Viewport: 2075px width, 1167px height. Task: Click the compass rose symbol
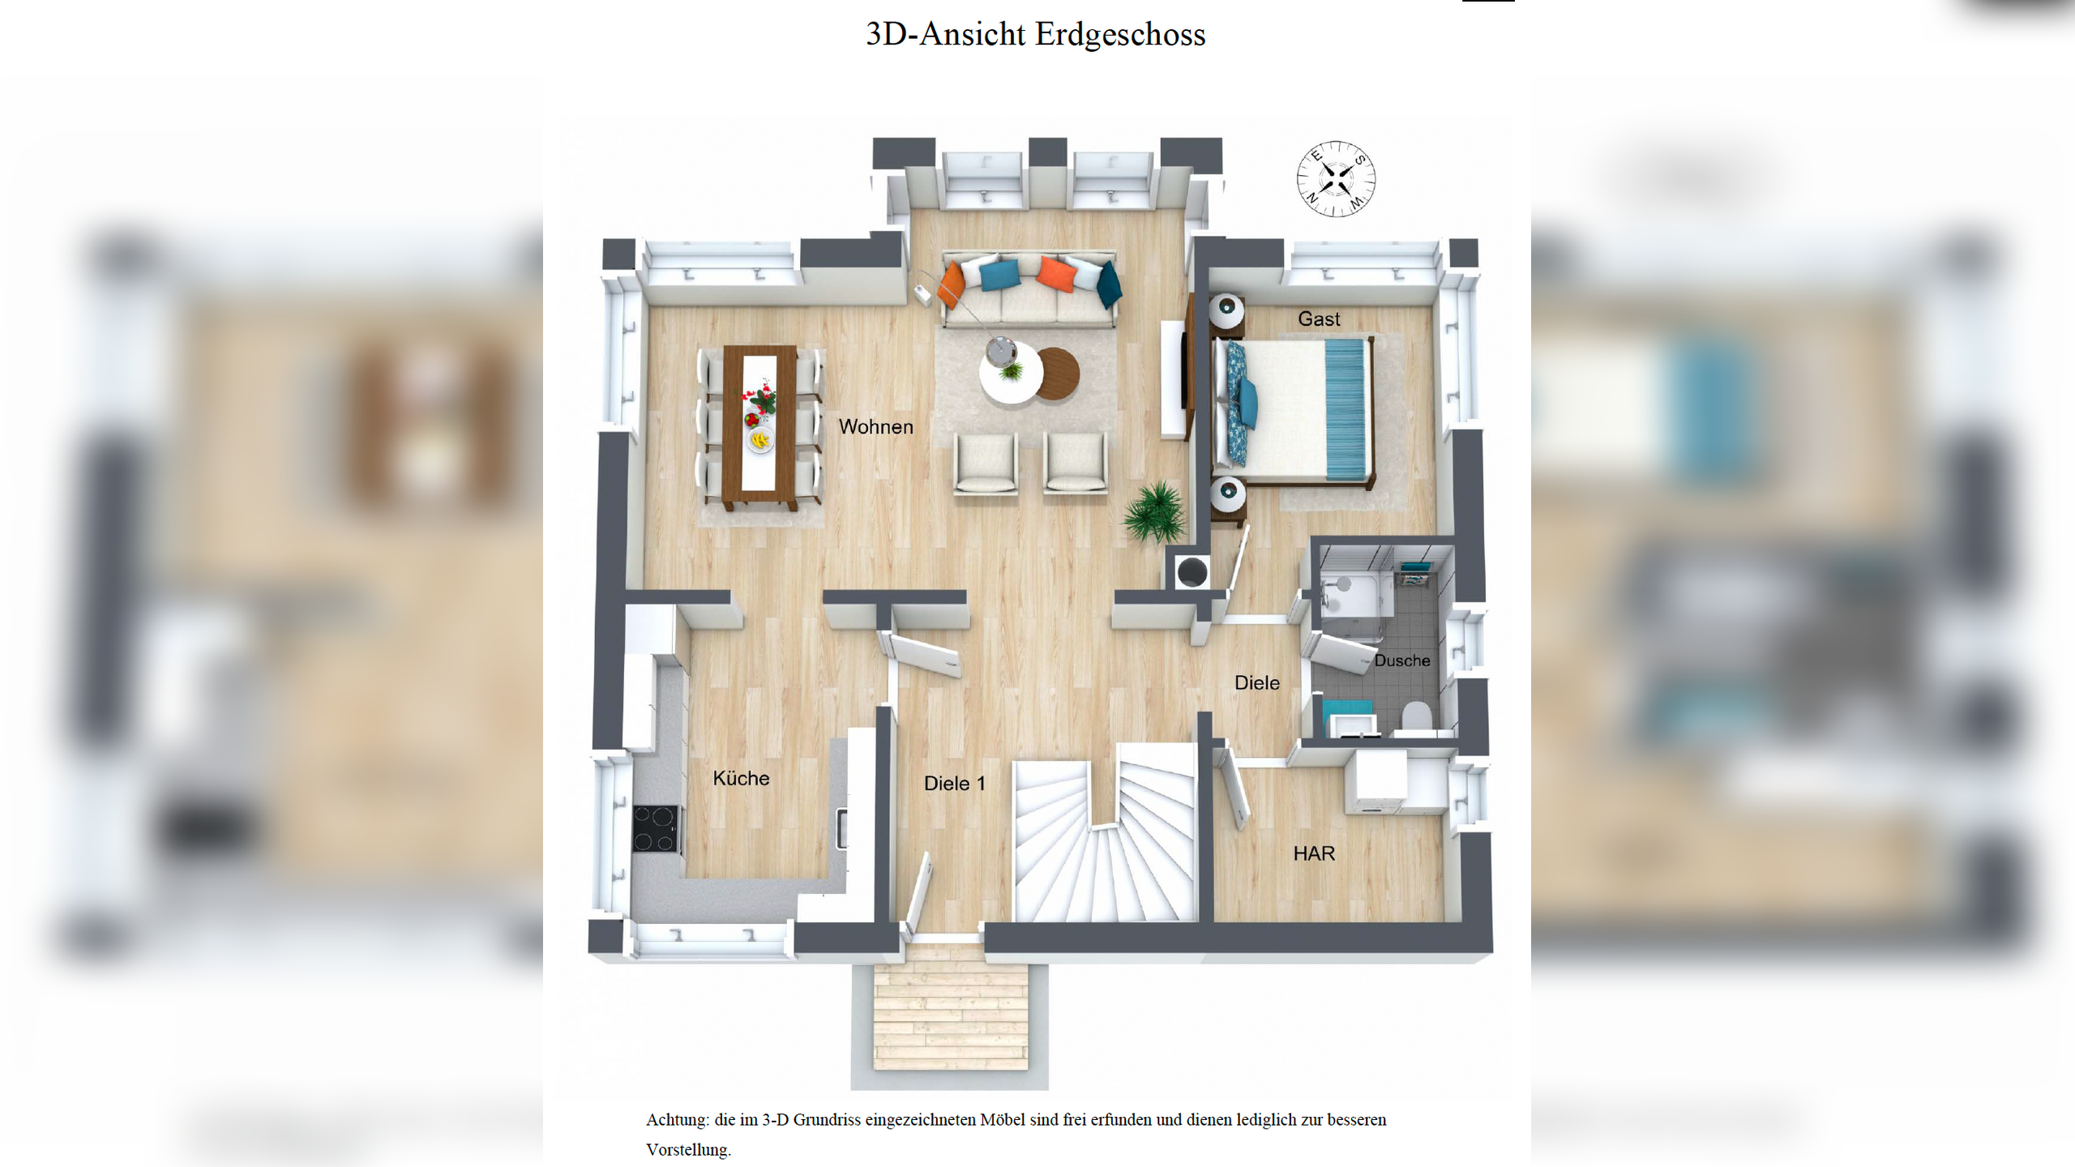point(1336,179)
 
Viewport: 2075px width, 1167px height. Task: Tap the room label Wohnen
point(875,427)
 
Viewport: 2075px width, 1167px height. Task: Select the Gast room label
point(1319,319)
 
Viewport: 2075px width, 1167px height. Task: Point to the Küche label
point(741,779)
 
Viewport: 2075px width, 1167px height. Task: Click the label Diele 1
point(954,784)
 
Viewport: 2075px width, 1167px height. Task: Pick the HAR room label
point(1313,853)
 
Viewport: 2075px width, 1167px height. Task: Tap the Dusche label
point(1401,660)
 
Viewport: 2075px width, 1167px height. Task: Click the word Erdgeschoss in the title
point(1120,35)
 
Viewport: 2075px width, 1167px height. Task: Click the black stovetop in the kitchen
point(656,828)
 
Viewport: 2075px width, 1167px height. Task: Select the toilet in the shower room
point(1416,717)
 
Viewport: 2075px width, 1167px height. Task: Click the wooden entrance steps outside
point(950,1013)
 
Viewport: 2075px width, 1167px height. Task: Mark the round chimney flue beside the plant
point(1192,573)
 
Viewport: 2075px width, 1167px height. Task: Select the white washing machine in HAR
point(1375,782)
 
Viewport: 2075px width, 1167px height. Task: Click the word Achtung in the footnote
point(677,1120)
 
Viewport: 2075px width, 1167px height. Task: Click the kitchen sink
point(843,828)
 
